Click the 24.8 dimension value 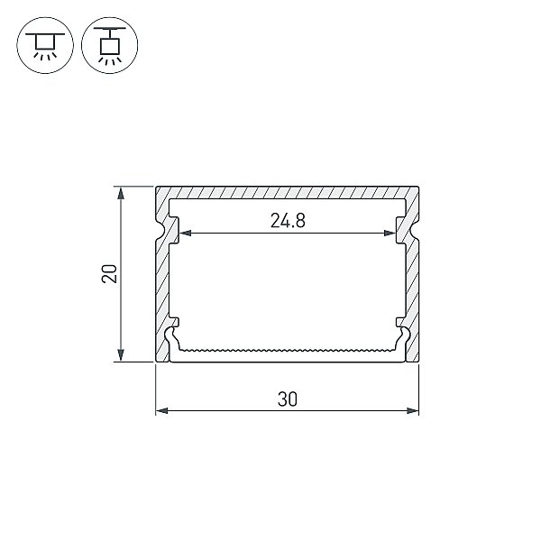(x=288, y=221)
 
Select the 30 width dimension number (x=287, y=399)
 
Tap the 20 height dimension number (x=109, y=273)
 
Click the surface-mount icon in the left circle (x=45, y=45)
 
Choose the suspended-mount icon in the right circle (x=110, y=45)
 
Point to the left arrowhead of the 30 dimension (x=161, y=410)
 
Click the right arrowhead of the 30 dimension (x=413, y=410)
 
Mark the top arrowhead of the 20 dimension (x=121, y=193)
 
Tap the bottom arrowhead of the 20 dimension (x=121, y=355)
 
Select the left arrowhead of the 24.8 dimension (x=185, y=234)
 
